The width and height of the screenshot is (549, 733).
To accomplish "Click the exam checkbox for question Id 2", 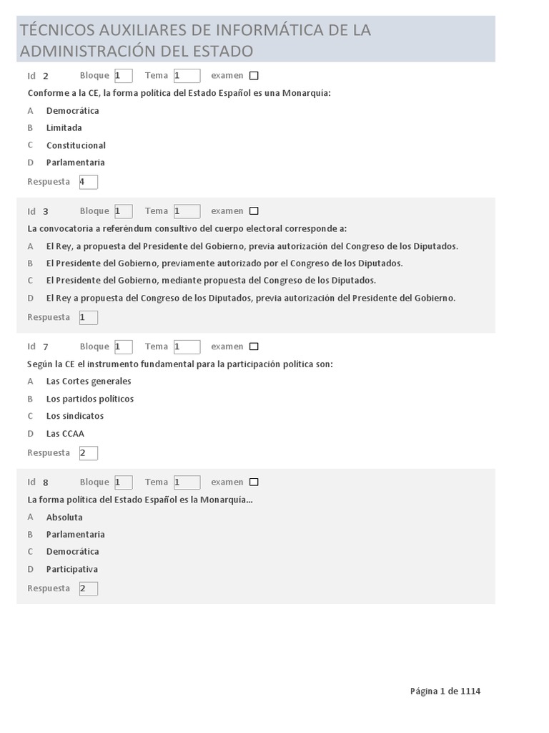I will coord(254,76).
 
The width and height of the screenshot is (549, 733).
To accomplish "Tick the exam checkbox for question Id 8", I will coord(254,482).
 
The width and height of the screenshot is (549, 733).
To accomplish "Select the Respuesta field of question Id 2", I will coord(89,182).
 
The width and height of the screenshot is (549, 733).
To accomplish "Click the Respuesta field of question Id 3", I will coord(89,317).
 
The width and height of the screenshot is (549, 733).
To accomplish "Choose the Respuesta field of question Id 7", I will coord(89,453).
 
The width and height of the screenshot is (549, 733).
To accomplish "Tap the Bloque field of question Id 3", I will coord(123,211).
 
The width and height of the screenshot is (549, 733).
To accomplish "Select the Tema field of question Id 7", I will coord(187,347).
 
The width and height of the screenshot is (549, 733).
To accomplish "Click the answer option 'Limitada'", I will coord(64,128).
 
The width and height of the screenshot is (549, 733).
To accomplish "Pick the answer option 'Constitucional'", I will coord(76,145).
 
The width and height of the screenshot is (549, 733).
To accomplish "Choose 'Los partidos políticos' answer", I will coord(90,399).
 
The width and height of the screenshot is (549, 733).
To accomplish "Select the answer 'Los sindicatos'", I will coord(75,416).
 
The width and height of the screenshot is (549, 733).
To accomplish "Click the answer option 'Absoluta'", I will coord(64,517).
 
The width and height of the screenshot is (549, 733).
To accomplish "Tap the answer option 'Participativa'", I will coord(72,569).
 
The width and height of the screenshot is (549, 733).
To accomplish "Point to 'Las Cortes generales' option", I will coord(89,382).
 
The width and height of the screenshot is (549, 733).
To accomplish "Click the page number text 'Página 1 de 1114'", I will coord(445,691).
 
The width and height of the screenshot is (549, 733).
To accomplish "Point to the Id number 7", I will coord(45,347).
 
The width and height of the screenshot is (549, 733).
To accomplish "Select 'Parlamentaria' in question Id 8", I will coord(76,534).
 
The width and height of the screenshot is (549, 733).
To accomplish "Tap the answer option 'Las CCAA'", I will coord(65,433).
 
